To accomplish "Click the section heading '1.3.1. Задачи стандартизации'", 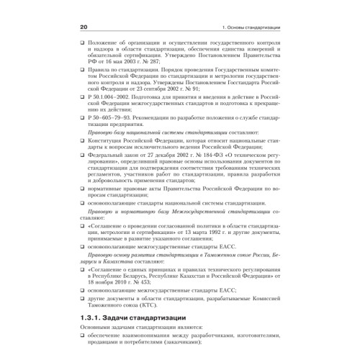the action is pyautogui.click(x=134, y=318).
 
